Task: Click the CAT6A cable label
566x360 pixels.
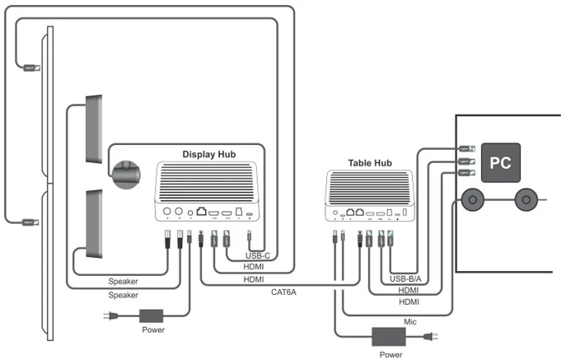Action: point(283,291)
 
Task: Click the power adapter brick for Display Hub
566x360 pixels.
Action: point(153,315)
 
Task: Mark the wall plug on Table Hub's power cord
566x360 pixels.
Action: point(429,336)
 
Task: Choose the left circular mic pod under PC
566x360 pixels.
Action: point(474,200)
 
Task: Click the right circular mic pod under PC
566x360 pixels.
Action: point(525,200)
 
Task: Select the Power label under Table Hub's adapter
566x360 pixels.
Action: point(391,354)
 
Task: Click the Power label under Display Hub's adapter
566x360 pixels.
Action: point(153,330)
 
